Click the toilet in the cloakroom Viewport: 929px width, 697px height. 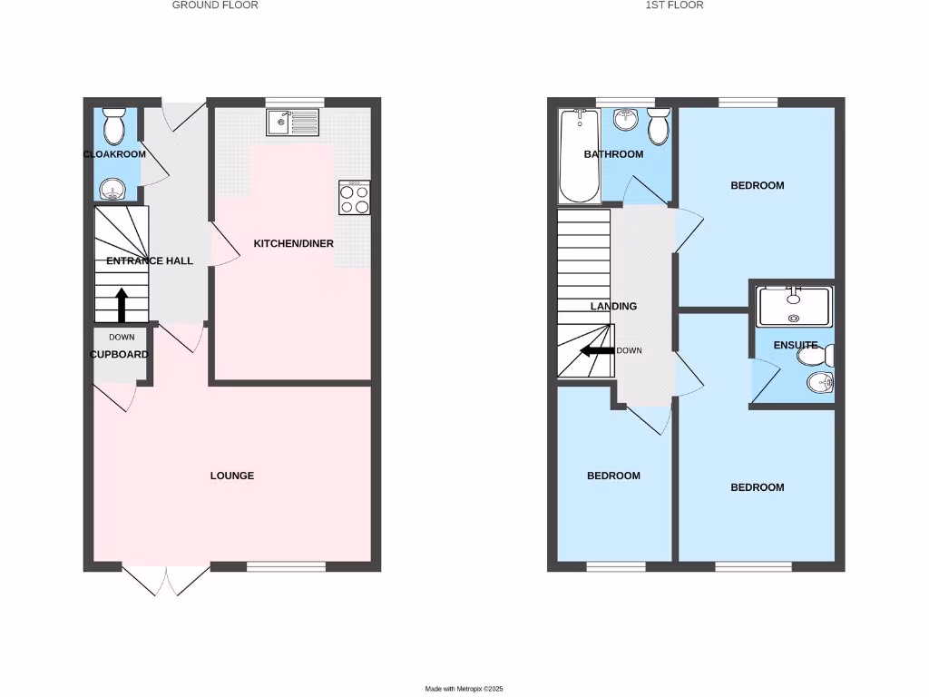pos(114,128)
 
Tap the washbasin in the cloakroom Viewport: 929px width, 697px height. pos(113,189)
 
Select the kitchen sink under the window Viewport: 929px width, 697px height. pos(293,122)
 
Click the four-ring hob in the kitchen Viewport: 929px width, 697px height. pos(354,197)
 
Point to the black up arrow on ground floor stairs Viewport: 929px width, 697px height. pos(121,305)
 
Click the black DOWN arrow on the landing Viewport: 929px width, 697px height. pos(597,351)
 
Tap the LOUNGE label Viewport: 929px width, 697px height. pos(232,476)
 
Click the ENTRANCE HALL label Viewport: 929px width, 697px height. pos(150,261)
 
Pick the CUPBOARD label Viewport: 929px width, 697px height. pos(119,355)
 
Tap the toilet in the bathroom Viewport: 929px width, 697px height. pos(659,126)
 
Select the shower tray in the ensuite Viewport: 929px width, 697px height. pos(794,307)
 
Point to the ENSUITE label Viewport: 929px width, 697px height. pos(796,346)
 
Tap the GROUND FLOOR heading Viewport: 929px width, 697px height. pos(215,5)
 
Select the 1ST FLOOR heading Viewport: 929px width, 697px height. pos(674,5)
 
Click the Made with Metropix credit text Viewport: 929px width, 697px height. pos(464,689)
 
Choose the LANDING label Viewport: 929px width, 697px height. pos(614,307)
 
